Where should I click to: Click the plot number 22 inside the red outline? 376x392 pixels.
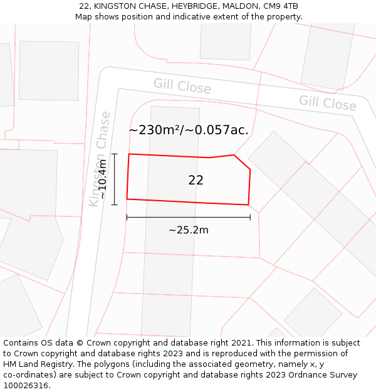coord(196,180)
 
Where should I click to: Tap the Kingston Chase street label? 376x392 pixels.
coord(100,159)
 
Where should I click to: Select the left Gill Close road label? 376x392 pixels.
coord(182,87)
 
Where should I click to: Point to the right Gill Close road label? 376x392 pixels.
coord(327,102)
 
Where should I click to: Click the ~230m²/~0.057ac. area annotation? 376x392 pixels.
coord(189,130)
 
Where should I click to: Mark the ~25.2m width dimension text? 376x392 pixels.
coord(189,230)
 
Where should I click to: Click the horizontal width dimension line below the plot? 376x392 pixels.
coord(188,218)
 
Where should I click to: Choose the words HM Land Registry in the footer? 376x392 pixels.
coord(41,364)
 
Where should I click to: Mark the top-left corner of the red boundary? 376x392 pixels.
coord(129,154)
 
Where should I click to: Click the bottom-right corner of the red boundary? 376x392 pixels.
coord(248,204)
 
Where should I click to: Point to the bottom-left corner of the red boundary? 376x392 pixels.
coord(127,199)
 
